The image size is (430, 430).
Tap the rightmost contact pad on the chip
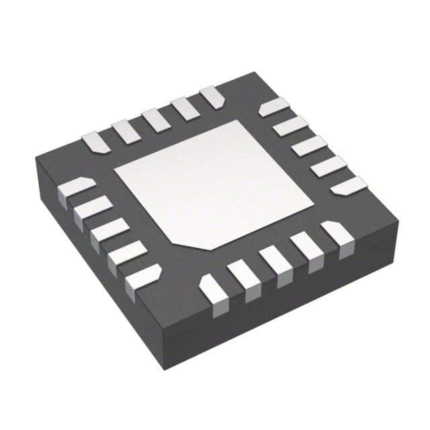(x=349, y=184)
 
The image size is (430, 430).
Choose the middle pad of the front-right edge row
(x=275, y=263)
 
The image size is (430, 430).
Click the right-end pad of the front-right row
(x=336, y=236)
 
